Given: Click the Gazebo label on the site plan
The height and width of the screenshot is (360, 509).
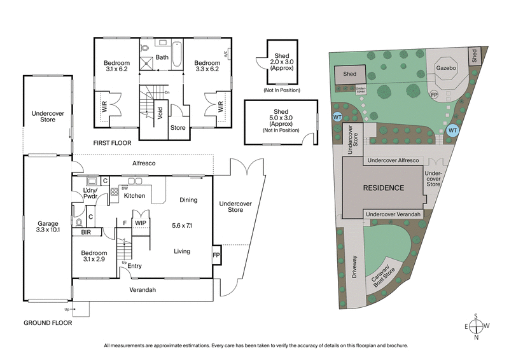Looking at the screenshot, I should pos(443,66).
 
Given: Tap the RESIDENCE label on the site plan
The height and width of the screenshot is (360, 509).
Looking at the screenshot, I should pos(383,188).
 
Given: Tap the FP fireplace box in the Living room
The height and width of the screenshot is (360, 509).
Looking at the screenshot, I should pos(216,254).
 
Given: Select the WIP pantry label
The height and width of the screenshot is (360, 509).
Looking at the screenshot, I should pos(140,223).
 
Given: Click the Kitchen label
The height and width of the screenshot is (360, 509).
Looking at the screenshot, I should pos(134,196).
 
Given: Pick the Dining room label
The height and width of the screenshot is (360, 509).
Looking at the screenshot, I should pos(188,200).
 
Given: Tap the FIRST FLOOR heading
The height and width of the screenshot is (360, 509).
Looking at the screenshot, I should pos(114,143).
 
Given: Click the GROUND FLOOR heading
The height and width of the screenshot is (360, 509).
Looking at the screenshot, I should pos(48,323).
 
